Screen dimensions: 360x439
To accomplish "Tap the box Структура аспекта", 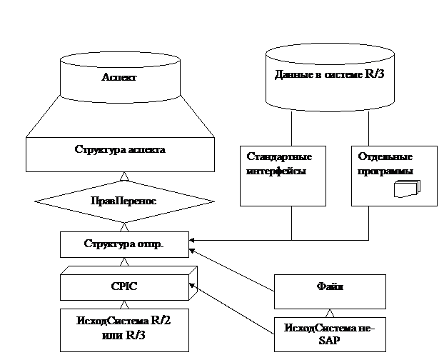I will [x=120, y=151].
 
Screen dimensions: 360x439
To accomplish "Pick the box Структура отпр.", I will [x=124, y=245].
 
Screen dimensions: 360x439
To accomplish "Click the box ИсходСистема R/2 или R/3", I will [x=124, y=329].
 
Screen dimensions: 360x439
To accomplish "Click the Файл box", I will [x=330, y=287].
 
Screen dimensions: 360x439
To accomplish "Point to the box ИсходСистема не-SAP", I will [x=330, y=333].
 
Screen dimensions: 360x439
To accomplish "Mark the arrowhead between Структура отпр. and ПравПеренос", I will [x=124, y=226].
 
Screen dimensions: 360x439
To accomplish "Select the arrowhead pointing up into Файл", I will [x=330, y=312].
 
